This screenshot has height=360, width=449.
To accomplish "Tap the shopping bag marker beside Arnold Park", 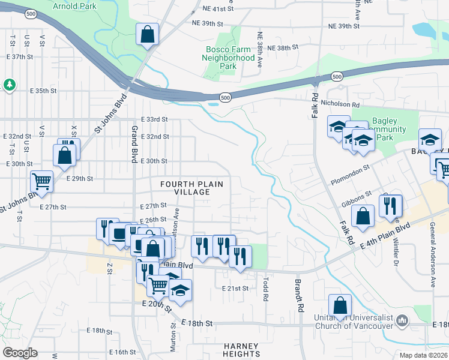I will (x=147, y=35).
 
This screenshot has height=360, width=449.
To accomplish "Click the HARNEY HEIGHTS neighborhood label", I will (x=241, y=350).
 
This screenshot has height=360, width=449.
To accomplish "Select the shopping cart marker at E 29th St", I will (x=41, y=181).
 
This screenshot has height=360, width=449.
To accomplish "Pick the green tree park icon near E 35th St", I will (x=9, y=85).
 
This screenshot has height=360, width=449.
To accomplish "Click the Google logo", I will (x=20, y=353).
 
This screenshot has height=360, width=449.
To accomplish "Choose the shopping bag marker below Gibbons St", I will (x=363, y=217).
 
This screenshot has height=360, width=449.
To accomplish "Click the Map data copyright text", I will (x=424, y=355).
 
